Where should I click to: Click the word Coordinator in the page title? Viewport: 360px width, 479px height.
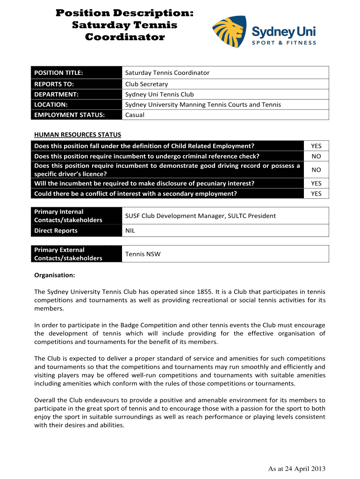[x=125, y=37]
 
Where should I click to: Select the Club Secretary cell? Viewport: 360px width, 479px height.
[x=146, y=84]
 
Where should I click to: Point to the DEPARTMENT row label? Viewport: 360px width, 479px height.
[x=56, y=94]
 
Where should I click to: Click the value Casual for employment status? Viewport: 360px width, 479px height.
[x=135, y=115]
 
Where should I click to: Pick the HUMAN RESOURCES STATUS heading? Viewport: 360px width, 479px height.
[x=78, y=135]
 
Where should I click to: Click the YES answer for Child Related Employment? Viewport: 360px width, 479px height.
[x=316, y=146]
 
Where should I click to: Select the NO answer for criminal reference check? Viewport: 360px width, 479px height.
[x=316, y=156]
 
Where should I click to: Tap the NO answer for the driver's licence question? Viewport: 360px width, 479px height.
[x=316, y=170]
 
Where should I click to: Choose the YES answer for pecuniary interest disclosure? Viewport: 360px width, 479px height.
[x=316, y=183]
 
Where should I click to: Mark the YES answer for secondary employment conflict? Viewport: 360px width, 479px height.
[x=316, y=194]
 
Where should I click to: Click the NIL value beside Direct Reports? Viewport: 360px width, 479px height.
[x=130, y=231]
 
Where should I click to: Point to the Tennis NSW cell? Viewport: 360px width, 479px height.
[x=143, y=254]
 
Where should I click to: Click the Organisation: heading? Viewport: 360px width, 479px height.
[x=55, y=276]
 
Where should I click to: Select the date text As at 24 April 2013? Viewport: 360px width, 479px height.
[x=296, y=469]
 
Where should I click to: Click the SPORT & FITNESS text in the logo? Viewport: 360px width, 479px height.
[x=284, y=43]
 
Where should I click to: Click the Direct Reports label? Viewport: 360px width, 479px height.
[x=56, y=231]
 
